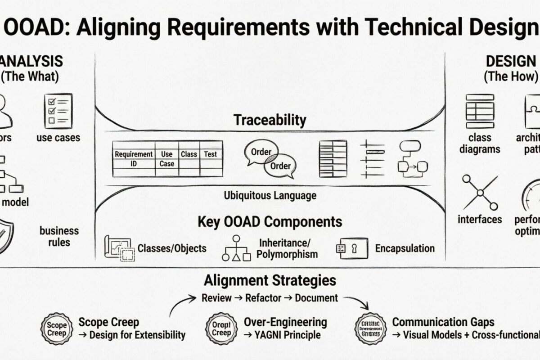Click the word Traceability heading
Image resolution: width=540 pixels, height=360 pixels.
tap(270, 120)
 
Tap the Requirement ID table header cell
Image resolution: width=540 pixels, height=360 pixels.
tap(133, 158)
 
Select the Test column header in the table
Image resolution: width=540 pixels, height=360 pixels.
tap(210, 154)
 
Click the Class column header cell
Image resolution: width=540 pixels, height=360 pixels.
tap(189, 154)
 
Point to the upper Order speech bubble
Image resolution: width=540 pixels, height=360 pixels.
tap(261, 152)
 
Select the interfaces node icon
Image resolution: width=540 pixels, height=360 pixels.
tap(480, 193)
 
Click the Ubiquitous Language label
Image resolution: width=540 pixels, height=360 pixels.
tap(270, 196)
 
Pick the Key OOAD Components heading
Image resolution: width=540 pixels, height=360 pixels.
tap(270, 222)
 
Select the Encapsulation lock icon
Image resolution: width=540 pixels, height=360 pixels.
tap(351, 248)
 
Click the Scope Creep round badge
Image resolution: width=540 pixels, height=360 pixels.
tap(57, 329)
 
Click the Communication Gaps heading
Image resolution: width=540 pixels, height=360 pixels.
tap(443, 322)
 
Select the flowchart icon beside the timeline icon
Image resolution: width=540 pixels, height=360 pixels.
tap(410, 157)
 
